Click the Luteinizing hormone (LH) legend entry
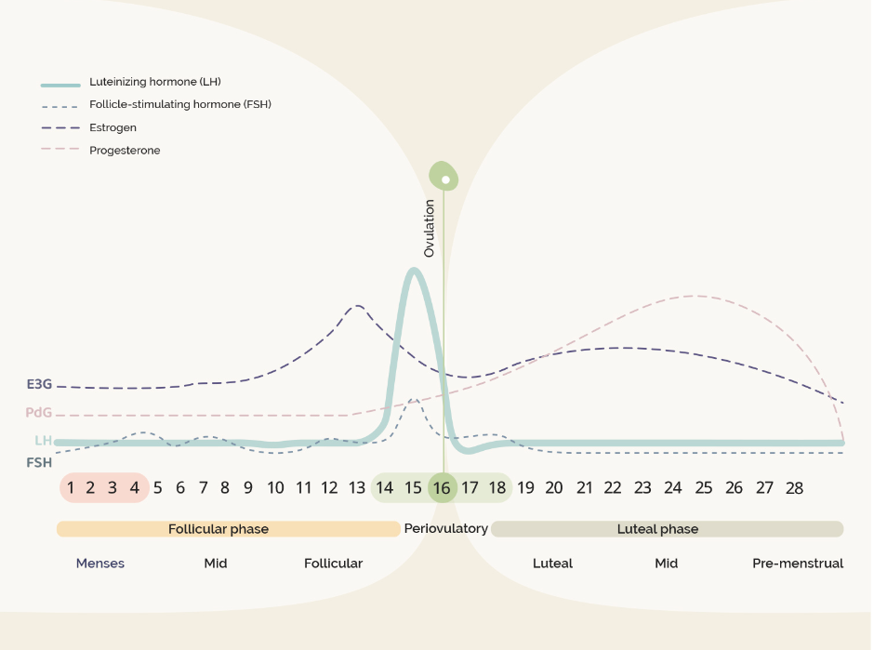154,82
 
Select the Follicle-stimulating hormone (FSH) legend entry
179,104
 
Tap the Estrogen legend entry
113,127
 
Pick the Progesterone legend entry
125,150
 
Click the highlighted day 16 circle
443,487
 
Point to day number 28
794,487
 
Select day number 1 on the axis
70,487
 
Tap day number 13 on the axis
357,487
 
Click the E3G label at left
39,383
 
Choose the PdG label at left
39,413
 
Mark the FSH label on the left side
39,462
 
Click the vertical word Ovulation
429,228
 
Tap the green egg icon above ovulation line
444,176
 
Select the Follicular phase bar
218,529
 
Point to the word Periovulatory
445,528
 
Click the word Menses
100,563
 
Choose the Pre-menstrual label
798,563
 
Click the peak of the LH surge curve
413,270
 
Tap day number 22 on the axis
612,487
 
